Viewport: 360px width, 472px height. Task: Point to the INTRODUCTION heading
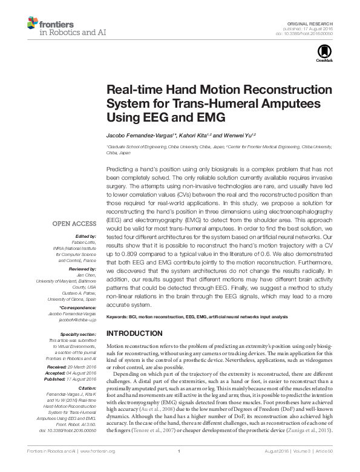tap(134, 333)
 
